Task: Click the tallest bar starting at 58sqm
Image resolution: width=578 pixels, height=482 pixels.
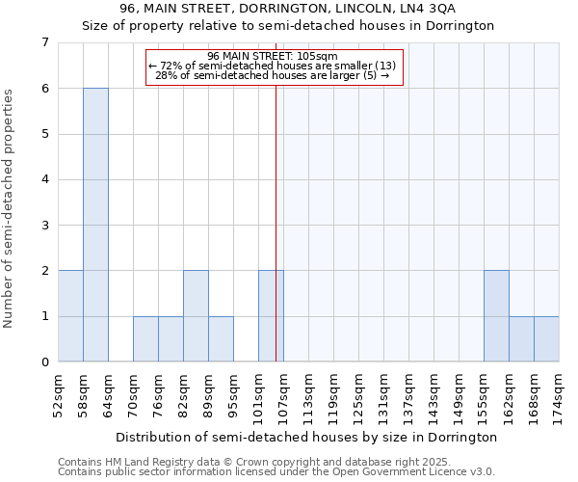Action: (95, 225)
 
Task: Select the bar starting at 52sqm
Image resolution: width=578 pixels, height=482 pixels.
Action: (70, 316)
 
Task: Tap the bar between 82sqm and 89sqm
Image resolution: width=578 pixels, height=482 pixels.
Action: (196, 316)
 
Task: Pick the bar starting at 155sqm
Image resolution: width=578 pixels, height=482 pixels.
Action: (496, 316)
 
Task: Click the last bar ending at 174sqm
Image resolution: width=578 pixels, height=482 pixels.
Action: (546, 339)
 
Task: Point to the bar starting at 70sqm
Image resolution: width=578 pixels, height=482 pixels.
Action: (145, 339)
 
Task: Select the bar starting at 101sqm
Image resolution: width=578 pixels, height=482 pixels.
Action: (271, 316)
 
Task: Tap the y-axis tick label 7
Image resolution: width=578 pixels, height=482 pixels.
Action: (44, 42)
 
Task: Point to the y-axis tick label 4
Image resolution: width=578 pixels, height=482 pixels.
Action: (44, 179)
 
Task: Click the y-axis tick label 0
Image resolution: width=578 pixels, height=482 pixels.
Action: (44, 362)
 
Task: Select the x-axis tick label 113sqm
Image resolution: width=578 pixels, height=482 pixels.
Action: (308, 394)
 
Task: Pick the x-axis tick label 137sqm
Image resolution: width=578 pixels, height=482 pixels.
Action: (408, 394)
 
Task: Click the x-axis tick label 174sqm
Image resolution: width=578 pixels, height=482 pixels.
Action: (559, 394)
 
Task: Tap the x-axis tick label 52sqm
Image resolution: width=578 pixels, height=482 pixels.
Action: (58, 394)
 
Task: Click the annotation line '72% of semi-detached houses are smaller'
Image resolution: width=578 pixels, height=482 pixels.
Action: (273, 66)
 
